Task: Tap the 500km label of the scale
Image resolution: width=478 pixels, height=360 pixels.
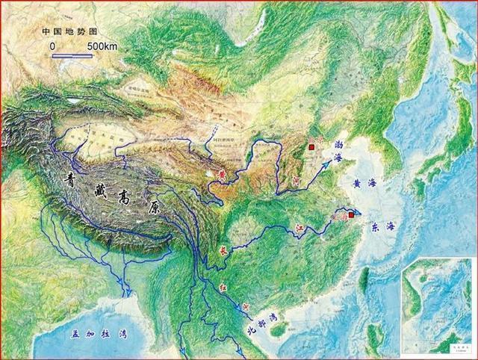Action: click(102, 46)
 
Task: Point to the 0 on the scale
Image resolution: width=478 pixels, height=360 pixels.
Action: click(53, 46)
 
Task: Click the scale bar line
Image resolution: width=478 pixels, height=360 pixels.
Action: click(72, 55)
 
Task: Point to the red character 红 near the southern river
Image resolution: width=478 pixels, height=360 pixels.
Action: click(223, 285)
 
